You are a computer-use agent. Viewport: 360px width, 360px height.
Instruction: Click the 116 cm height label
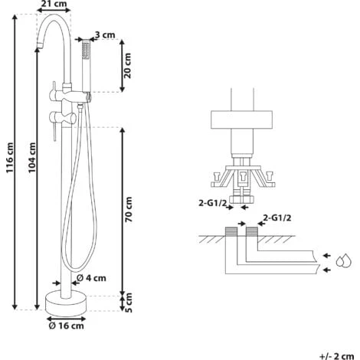coord(10,158)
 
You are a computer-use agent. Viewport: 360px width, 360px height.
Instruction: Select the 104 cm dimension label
coord(32,158)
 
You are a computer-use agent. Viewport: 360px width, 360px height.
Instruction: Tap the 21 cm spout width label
coord(54,4)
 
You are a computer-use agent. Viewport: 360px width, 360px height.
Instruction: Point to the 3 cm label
coord(105,34)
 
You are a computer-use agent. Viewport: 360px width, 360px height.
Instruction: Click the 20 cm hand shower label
coord(127,66)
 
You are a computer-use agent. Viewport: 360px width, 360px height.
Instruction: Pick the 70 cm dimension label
coord(129,209)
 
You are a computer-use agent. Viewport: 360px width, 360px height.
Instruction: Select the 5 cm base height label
coord(129,303)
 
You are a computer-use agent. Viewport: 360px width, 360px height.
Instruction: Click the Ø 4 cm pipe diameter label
coord(91,277)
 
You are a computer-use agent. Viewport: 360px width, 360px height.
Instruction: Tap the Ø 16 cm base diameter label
coord(66,326)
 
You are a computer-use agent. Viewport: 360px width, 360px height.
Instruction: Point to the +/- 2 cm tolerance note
coord(336,356)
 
